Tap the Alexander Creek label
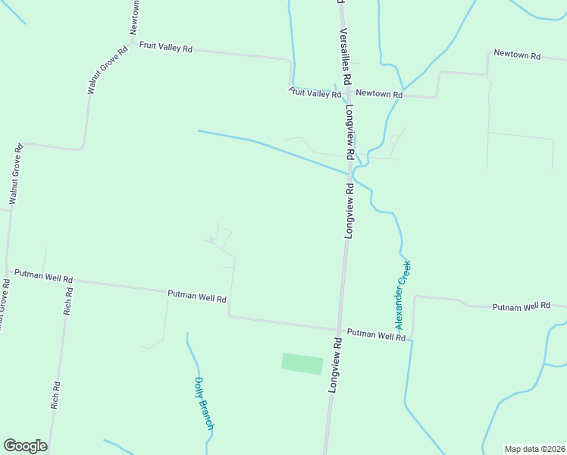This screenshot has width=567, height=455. click(403, 295)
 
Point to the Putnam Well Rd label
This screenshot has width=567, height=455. click(521, 306)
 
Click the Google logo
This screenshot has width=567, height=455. click(25, 446)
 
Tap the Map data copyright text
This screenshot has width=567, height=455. click(534, 449)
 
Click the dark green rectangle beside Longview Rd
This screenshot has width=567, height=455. click(302, 363)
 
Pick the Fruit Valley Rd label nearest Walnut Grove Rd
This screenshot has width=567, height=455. click(165, 47)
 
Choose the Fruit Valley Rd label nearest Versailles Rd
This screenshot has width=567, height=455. click(315, 93)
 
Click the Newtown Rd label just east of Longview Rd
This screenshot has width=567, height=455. click(378, 93)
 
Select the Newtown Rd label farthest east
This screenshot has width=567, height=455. click(516, 55)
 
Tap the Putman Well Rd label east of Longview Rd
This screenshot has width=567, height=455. click(376, 334)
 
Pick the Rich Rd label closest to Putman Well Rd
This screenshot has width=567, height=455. click(68, 301)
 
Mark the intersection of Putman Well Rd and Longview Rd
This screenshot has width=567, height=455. click(339, 330)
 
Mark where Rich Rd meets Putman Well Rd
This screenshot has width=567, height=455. click(70, 280)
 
